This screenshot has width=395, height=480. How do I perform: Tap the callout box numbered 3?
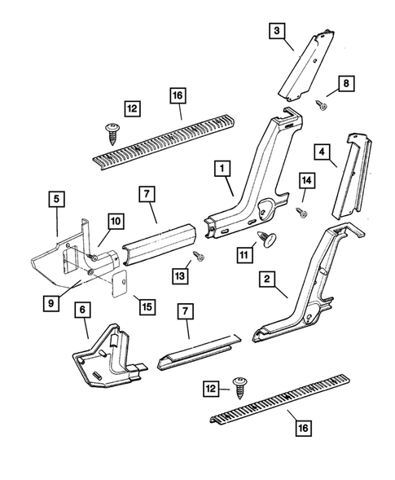click(277, 33)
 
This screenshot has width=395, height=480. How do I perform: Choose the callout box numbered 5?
click(55, 199)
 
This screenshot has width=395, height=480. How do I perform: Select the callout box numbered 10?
click(115, 220)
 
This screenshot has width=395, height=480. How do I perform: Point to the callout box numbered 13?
click(178, 276)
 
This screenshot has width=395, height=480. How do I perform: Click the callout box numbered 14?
click(306, 180)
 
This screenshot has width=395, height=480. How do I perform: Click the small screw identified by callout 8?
click(321, 104)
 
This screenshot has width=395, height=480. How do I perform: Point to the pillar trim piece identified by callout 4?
click(351, 175)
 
